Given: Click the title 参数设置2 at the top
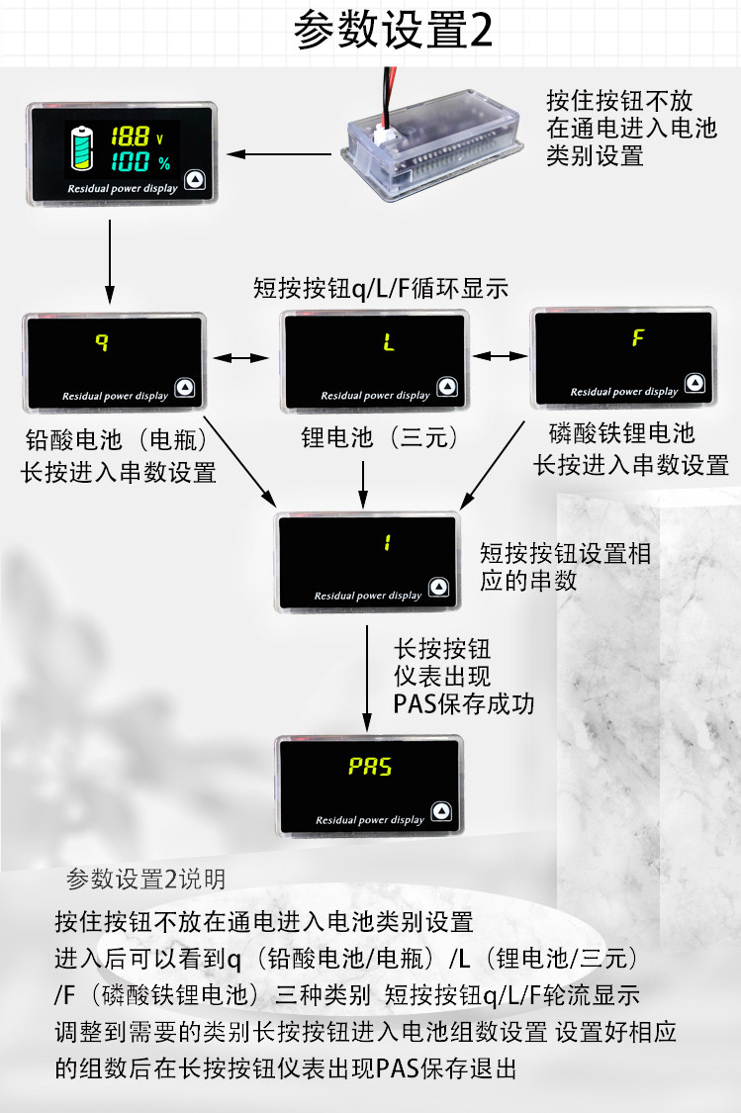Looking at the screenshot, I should click(394, 32).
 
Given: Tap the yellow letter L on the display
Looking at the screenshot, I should click(389, 344).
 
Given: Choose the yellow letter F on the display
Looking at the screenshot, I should click(638, 337).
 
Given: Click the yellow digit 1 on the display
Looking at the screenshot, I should click(388, 543).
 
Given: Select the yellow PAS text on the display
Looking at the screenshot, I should click(371, 767).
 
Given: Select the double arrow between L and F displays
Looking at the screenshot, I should click(501, 354).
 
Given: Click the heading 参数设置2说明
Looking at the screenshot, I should click(145, 878).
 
